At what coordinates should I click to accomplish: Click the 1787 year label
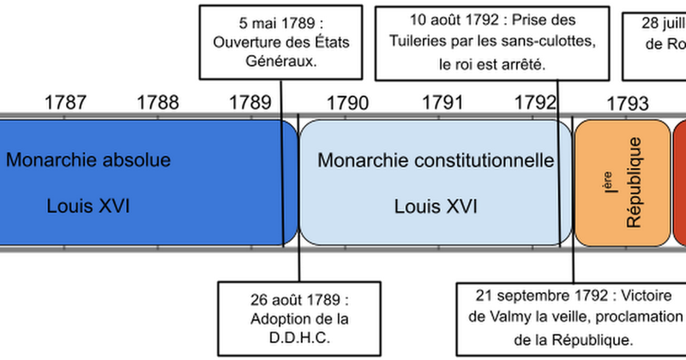coord(65,103)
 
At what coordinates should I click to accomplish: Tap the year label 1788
coord(158,103)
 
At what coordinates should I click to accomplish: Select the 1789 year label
coord(250,103)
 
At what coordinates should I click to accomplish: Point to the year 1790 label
coord(347,103)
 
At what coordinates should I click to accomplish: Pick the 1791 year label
coord(442,103)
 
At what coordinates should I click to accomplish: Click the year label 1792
coord(535,103)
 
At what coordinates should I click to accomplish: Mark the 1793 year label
coord(628,103)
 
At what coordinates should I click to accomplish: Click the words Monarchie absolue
coord(88,160)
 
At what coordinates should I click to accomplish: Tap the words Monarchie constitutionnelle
coord(436,160)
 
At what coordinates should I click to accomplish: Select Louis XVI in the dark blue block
coord(88,206)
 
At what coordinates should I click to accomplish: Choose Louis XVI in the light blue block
coord(436,206)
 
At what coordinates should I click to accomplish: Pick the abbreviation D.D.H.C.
coord(289,338)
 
